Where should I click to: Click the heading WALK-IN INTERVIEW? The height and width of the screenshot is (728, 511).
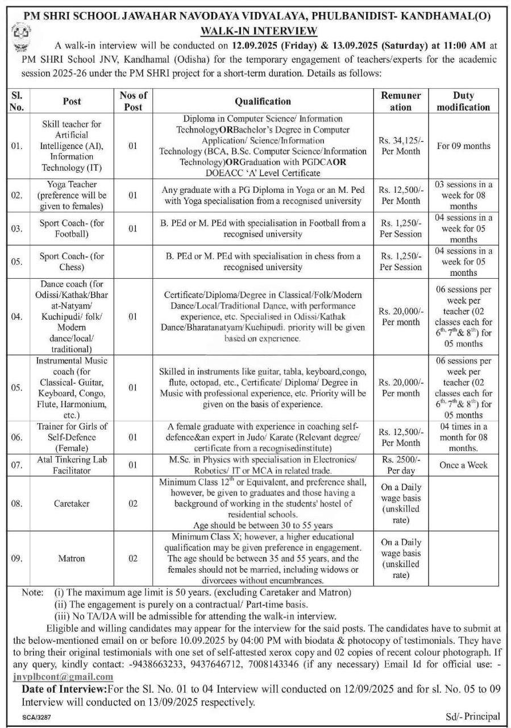255,30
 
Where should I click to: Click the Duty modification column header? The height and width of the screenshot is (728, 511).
464,101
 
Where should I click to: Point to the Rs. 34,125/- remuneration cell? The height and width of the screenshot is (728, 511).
401,146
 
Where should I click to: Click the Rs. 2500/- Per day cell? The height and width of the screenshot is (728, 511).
401,465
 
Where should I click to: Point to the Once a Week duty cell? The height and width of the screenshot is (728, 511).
464,465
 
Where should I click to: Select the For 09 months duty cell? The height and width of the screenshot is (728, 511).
464,146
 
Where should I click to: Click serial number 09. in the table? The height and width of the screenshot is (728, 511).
17,558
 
